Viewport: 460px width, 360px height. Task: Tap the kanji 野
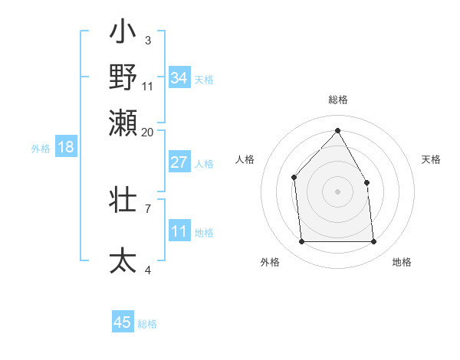(x=123, y=77)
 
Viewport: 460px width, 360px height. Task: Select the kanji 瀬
(x=123, y=122)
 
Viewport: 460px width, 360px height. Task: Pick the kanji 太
(x=123, y=260)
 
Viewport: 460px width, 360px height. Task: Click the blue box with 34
(x=179, y=78)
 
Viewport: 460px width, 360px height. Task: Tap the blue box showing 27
(x=179, y=162)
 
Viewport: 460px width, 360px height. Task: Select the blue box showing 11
(x=179, y=231)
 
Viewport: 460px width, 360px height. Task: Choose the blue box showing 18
(x=66, y=147)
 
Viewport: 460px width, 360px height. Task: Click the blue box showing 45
(x=123, y=322)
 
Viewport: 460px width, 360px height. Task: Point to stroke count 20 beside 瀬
(x=148, y=133)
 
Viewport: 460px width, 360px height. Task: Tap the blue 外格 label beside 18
(x=40, y=148)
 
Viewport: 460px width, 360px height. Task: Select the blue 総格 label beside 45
(x=147, y=323)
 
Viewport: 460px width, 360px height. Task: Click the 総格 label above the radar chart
(x=337, y=100)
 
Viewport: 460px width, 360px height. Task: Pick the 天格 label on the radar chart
(x=431, y=159)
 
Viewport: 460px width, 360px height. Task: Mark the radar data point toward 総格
(x=337, y=130)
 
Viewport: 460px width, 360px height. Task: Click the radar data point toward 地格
(x=373, y=242)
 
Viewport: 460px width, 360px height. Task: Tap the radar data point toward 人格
(x=294, y=178)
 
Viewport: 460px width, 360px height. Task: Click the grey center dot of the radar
(x=337, y=191)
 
